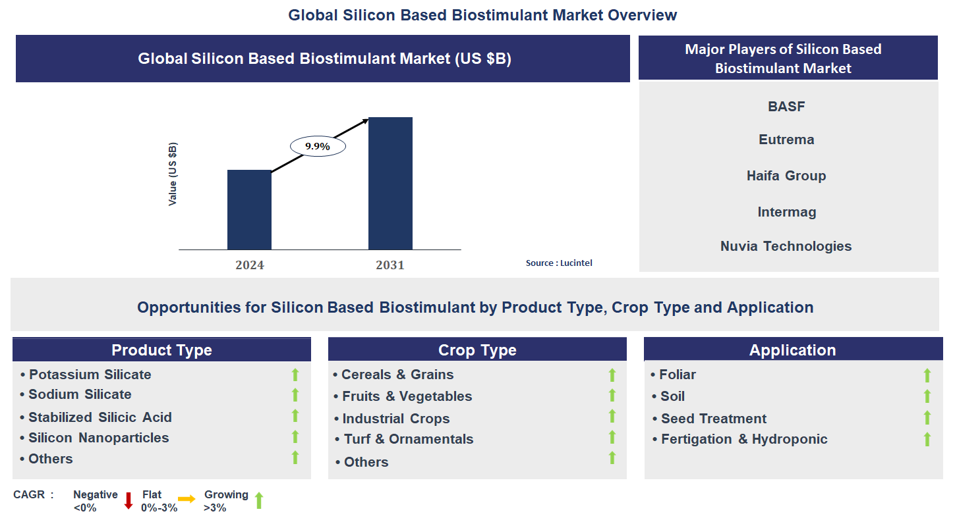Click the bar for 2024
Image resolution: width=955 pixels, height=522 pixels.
[x=249, y=209]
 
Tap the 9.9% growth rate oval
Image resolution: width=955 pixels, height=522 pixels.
[x=317, y=146]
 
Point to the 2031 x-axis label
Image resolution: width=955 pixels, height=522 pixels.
[x=390, y=265]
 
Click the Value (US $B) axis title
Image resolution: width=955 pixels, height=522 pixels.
[x=173, y=174]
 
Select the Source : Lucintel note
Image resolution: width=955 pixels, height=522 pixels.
[x=559, y=263]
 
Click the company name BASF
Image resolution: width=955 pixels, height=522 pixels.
[x=786, y=106]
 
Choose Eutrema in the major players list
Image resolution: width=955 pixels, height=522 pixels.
[x=786, y=140]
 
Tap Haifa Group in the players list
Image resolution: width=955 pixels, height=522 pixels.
[x=786, y=176]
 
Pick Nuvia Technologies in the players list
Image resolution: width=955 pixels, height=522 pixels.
[x=786, y=246]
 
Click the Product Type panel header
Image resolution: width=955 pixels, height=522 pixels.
[x=161, y=350]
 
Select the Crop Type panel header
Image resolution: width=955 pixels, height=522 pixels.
[x=477, y=350]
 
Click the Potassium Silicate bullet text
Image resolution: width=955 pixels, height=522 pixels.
[x=90, y=375]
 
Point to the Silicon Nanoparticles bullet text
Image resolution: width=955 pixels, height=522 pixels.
[x=98, y=438]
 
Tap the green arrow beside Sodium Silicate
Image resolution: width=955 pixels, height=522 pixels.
[x=295, y=395]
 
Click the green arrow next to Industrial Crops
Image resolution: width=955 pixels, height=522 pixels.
[x=612, y=417]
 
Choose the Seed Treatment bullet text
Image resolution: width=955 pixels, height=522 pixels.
[x=714, y=419]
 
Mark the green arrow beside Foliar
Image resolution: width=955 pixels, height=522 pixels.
[x=927, y=375]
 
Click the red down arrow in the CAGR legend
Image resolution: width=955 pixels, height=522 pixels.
[x=129, y=500]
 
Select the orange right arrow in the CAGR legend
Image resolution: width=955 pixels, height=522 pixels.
[x=187, y=500]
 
